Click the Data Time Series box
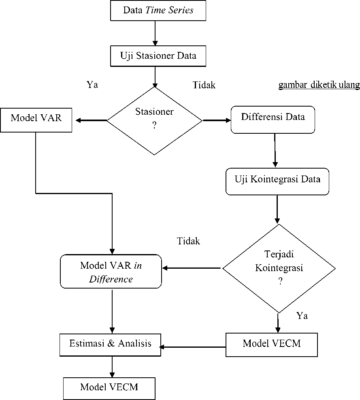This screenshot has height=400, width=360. click(158, 11)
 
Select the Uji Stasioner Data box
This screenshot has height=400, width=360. click(158, 56)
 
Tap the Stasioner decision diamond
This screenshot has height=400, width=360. click(155, 121)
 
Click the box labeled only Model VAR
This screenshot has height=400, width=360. click(36, 120)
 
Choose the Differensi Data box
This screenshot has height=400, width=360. click(273, 120)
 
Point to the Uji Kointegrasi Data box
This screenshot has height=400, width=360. click(277, 182)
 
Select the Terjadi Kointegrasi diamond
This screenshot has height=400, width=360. click(279, 268)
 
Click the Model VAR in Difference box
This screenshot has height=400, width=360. click(111, 271)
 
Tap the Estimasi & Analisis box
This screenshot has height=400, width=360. click(110, 345)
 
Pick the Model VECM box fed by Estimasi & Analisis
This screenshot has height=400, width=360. click(109, 389)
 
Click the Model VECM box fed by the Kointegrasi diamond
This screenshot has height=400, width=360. click(272, 344)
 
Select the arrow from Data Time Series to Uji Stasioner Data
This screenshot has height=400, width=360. click(155, 33)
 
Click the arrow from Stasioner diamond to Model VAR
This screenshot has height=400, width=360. click(91, 120)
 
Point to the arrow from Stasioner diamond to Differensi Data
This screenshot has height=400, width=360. click(217, 120)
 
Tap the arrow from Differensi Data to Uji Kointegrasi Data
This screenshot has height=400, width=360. click(275, 150)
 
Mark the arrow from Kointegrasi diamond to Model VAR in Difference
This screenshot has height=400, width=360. click(191, 268)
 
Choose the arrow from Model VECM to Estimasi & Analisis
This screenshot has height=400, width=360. click(192, 347)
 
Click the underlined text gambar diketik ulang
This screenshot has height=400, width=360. click(319, 85)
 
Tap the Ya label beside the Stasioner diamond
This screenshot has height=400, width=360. click(92, 84)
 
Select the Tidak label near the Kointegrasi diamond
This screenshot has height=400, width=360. click(188, 241)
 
